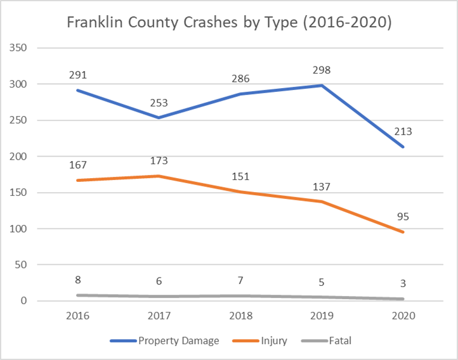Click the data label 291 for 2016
tap(77, 75)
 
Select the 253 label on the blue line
tap(159, 103)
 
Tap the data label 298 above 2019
tap(322, 70)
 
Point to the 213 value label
tap(403, 132)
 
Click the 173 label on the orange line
tap(159, 161)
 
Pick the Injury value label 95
tap(403, 217)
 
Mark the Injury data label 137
tap(322, 187)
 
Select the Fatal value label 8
tap(77, 280)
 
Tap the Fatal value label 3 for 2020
tap(403, 283)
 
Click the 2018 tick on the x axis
tap(240, 316)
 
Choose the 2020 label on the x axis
tap(403, 316)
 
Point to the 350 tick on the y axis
tap(18, 48)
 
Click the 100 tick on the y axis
tap(18, 229)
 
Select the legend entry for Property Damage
tap(164, 341)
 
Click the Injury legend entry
tap(259, 341)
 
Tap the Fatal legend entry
tap(326, 341)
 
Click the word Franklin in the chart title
tap(95, 22)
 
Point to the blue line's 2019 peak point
tap(322, 86)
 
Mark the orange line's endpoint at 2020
tap(403, 232)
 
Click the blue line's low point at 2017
tap(159, 118)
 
